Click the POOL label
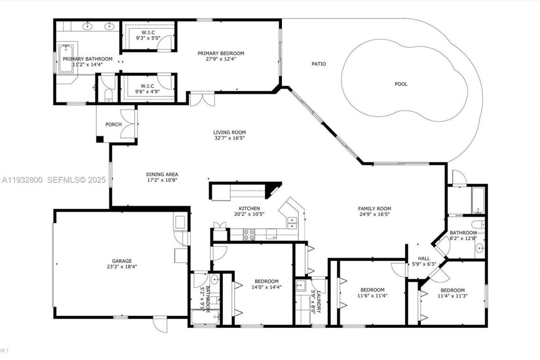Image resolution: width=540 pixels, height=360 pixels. point(401,84)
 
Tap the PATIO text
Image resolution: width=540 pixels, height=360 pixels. point(319,64)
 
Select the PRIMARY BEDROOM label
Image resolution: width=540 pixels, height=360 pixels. point(221,53)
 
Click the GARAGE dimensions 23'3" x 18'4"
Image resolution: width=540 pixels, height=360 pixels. point(122,267)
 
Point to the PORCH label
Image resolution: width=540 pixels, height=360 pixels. point(113,125)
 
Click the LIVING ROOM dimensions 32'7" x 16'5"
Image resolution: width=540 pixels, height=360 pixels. point(229,138)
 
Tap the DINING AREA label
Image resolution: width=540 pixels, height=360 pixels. point(162,174)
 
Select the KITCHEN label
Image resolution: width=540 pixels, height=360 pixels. point(249,208)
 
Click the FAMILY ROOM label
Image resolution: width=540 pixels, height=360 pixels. point(374,208)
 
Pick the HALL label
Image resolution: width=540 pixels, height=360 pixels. point(424,258)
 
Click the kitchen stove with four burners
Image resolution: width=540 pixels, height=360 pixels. point(248,234)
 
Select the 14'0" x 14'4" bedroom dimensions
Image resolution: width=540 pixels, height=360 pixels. point(266,287)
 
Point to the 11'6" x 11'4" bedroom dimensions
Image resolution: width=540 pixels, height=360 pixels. point(372,296)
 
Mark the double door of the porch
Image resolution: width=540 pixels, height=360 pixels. point(127,124)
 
